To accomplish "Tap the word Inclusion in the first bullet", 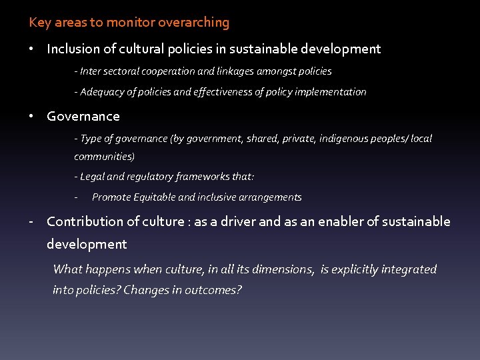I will coord(73,49).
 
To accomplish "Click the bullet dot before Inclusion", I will coord(32,49).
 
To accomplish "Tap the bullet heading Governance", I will coord(83,116).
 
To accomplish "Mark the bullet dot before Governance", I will coord(32,116).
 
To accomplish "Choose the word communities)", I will coord(105,157).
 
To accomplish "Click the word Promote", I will coord(111,197).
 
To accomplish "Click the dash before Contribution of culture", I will coord(31,221).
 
